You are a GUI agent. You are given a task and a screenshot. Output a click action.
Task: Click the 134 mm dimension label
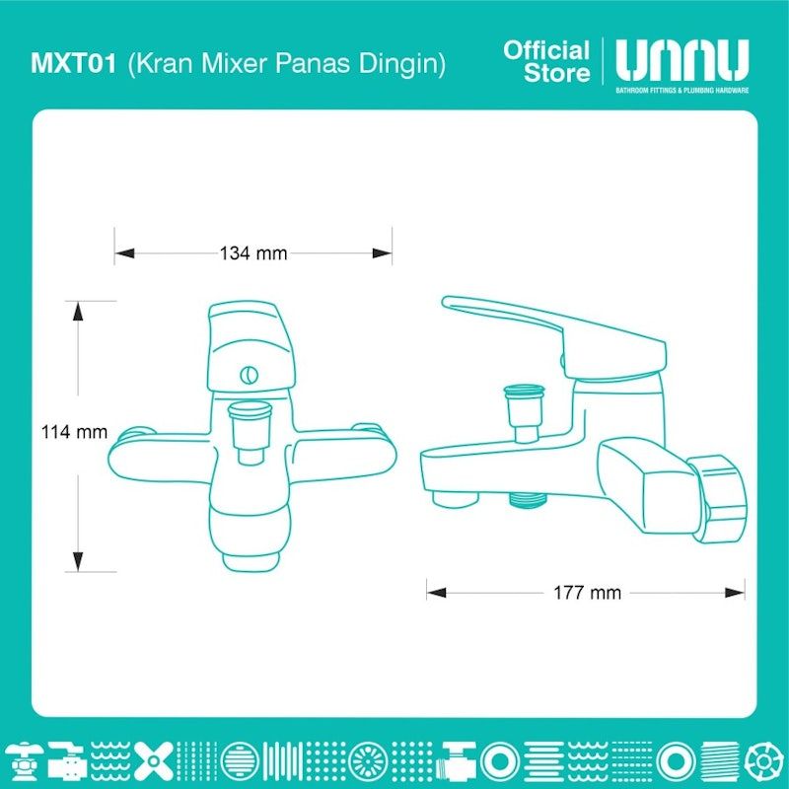[x=253, y=252]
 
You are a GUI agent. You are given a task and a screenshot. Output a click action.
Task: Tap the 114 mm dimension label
[x=75, y=431]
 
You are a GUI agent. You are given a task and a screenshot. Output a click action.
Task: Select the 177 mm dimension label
[x=587, y=593]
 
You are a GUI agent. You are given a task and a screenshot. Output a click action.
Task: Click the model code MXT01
[x=73, y=63]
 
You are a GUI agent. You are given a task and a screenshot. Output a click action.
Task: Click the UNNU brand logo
[x=681, y=60]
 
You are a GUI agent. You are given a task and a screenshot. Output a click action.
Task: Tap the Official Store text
[x=546, y=61]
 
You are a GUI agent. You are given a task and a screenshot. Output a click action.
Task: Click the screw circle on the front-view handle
[x=250, y=375]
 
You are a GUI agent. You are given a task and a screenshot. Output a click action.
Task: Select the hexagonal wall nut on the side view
[x=717, y=498]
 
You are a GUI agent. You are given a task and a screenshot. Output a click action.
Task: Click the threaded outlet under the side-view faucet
[x=527, y=500]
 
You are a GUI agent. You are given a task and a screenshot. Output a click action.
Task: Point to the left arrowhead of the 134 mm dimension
[x=125, y=252]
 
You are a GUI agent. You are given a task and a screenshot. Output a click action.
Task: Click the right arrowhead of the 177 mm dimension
[x=735, y=593]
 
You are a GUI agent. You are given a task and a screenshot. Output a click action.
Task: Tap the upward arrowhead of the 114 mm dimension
[x=78, y=311]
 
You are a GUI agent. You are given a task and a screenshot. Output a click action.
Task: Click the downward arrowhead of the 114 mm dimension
[x=78, y=561]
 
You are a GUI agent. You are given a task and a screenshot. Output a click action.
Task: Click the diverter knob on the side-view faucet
[x=525, y=413]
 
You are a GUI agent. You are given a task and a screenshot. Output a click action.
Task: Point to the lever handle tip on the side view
[x=447, y=302]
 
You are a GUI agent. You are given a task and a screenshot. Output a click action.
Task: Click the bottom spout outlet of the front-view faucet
[x=251, y=562]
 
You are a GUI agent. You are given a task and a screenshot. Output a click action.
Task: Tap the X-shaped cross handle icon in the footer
[x=153, y=759]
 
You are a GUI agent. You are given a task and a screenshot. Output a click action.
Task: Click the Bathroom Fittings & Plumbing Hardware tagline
[x=682, y=91]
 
